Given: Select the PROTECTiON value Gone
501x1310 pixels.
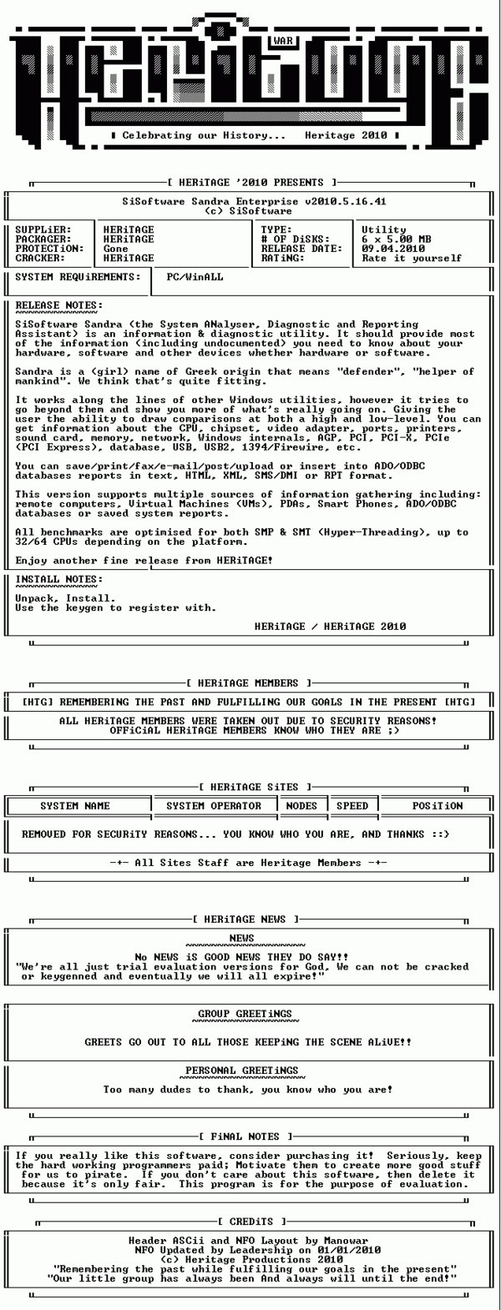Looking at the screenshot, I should point(116,249).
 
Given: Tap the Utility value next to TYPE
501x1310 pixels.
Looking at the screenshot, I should point(384,229).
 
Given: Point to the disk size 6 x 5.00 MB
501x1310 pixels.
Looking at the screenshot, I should point(397,239).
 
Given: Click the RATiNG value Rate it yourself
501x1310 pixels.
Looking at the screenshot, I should point(412,258).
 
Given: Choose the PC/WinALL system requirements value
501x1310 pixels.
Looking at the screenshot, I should point(195,276).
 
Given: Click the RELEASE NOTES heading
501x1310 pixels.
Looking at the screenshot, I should point(59,305).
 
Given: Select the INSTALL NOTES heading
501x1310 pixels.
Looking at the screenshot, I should point(59,579).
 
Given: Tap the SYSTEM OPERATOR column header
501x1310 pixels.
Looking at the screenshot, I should point(214,806).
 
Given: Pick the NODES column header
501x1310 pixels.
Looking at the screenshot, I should point(301,806).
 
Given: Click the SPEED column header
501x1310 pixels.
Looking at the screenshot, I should point(352,806).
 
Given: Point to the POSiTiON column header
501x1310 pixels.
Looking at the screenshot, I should point(437,806).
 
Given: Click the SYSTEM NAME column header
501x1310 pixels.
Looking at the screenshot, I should point(75,806).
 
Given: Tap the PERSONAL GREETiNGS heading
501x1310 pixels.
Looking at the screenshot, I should point(242,1071).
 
